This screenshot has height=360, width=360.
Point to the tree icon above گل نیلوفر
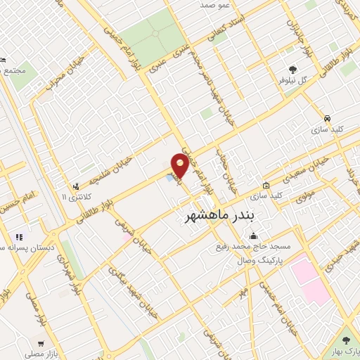292,69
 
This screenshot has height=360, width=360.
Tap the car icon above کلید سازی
328,118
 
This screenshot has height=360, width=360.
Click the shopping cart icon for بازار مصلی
41,344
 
